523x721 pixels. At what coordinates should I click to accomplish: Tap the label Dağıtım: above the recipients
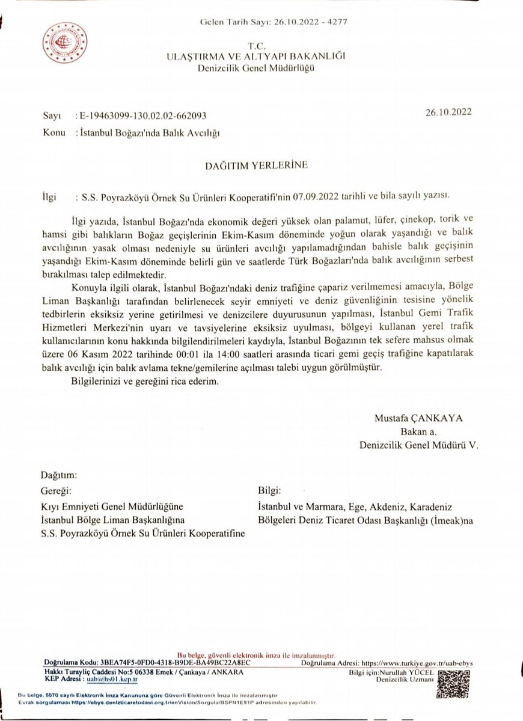click(x=59, y=474)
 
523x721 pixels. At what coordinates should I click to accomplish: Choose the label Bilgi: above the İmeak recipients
click(x=269, y=490)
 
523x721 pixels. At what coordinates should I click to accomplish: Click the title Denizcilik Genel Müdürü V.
click(x=409, y=445)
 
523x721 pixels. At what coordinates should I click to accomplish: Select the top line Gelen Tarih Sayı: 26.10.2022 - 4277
click(x=273, y=23)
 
